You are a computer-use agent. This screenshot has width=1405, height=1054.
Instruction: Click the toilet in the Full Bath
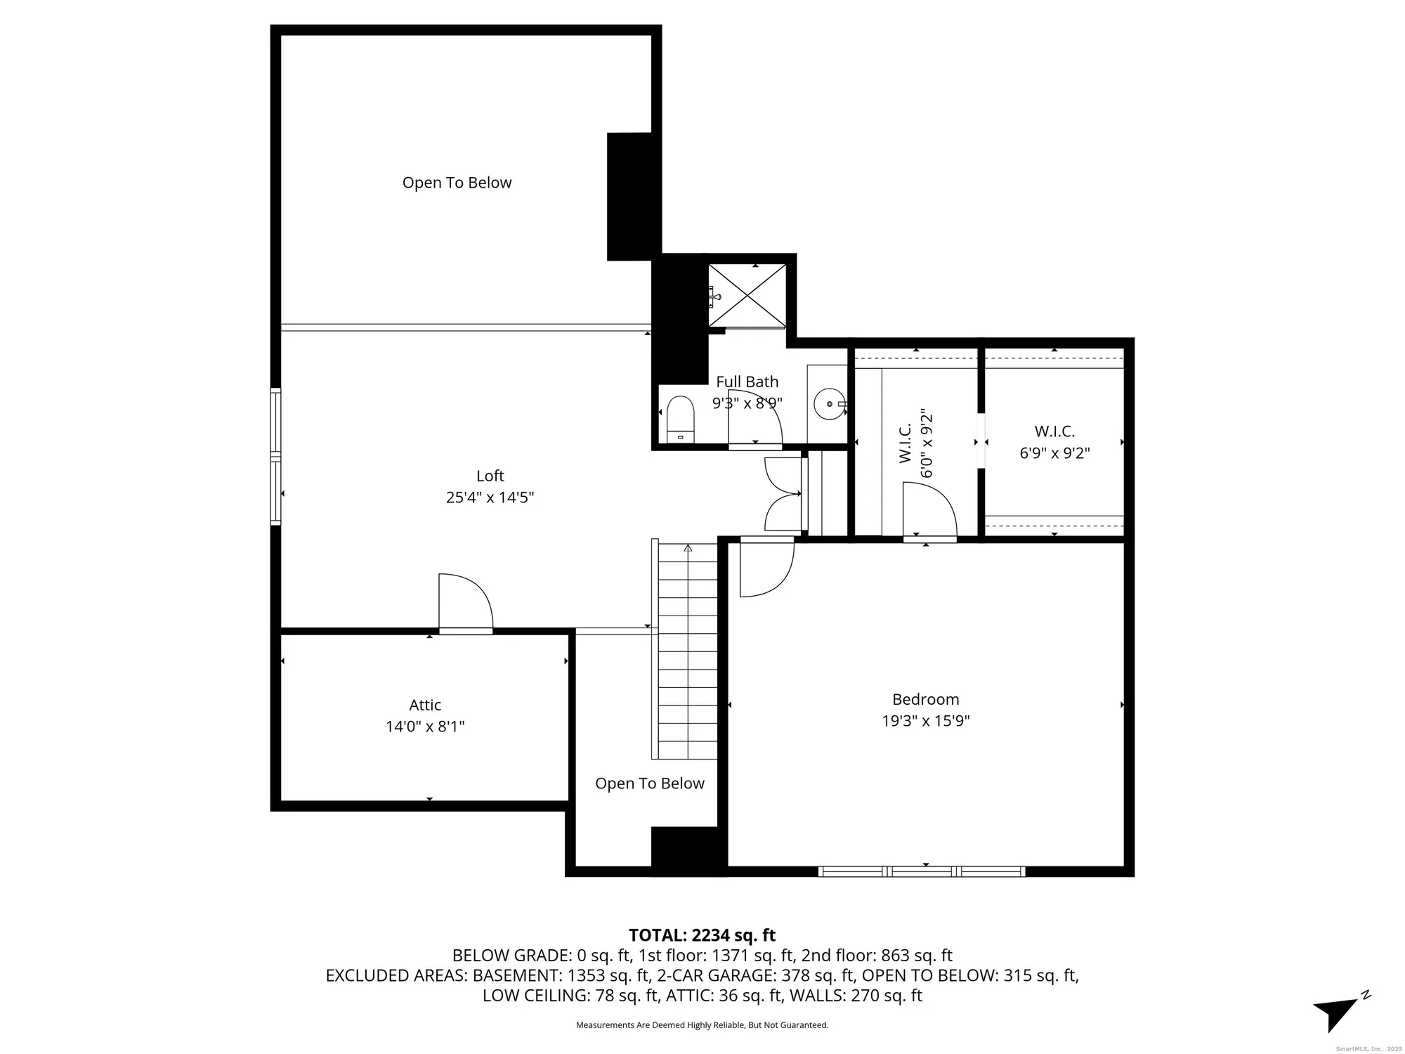pyautogui.click(x=680, y=419)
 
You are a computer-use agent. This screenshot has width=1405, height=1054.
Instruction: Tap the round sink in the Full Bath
pyautogui.click(x=830, y=404)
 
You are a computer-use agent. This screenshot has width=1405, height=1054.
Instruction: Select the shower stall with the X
pyautogui.click(x=747, y=296)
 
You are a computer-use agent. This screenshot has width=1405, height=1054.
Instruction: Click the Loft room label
pyautogui.click(x=490, y=476)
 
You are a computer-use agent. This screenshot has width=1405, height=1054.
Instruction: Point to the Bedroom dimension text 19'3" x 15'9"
pyautogui.click(x=925, y=721)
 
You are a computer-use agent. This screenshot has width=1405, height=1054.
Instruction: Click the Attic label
pyautogui.click(x=425, y=705)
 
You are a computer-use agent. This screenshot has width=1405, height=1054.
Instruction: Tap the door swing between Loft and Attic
pyautogui.click(x=464, y=602)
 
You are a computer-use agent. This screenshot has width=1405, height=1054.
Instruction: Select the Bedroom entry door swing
pyautogui.click(x=765, y=568)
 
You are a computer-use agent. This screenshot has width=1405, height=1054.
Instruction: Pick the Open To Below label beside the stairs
pyautogui.click(x=649, y=783)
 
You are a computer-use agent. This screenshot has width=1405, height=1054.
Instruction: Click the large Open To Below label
pyautogui.click(x=457, y=183)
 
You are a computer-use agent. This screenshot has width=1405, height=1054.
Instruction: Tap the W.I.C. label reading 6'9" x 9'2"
pyautogui.click(x=1054, y=442)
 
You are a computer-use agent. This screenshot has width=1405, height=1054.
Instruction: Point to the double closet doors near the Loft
pyautogui.click(x=783, y=494)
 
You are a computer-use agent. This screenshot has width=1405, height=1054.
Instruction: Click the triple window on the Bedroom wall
pyautogui.click(x=921, y=871)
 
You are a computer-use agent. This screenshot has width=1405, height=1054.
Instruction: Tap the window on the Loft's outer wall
pyautogui.click(x=276, y=457)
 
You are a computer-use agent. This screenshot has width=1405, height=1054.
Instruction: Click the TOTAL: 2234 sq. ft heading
pyautogui.click(x=702, y=935)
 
